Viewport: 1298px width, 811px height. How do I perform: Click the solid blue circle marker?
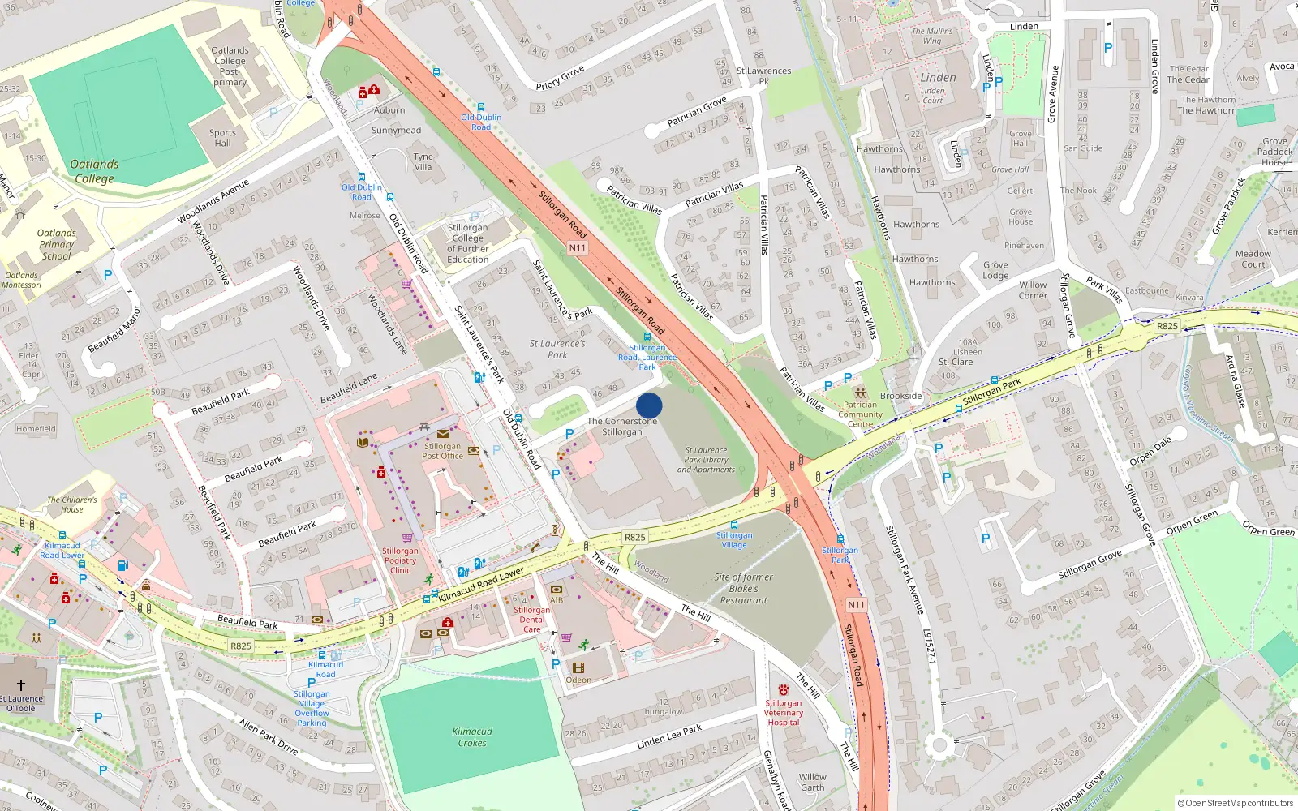tap(649, 405)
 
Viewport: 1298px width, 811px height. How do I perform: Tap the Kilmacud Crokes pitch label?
tap(472, 737)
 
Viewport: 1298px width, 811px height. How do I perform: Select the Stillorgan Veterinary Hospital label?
tap(783, 713)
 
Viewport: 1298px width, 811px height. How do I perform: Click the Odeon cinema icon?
tap(578, 667)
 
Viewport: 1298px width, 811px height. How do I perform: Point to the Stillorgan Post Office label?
tap(442, 451)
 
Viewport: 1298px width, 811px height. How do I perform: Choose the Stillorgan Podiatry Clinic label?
tap(400, 560)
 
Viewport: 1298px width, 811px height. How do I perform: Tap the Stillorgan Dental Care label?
tap(531, 620)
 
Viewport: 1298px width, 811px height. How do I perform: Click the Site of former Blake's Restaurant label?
tap(743, 589)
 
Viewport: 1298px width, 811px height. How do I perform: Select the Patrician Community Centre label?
tap(860, 414)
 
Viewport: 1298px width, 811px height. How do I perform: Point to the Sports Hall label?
tap(222, 138)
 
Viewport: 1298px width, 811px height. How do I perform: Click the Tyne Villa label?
tap(423, 161)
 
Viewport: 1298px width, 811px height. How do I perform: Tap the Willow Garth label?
tap(812, 782)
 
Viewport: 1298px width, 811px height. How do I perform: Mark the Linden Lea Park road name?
tap(669, 736)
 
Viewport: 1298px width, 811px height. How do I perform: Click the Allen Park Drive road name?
tap(269, 736)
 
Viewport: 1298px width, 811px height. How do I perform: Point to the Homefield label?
tap(36, 429)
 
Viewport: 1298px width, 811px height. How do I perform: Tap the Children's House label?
tap(71, 504)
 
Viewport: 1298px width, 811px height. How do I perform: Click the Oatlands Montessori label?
tap(21, 280)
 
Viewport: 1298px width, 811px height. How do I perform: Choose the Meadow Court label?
tap(1253, 259)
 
